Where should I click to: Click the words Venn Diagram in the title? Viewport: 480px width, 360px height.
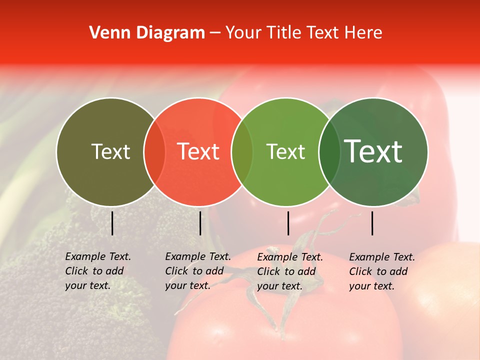147,33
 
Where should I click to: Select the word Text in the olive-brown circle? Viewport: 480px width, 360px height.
110,151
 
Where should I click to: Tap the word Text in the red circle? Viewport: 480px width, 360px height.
198,151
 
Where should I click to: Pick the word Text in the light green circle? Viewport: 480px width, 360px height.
285,151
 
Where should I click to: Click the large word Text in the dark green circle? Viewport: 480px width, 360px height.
373,151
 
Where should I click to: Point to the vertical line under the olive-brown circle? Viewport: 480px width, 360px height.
112,223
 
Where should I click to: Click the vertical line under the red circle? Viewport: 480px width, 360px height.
200,223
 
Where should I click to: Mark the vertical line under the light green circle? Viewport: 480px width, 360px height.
288,223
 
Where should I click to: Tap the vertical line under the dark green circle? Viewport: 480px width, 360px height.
372,223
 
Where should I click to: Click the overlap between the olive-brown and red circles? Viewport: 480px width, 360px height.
154,151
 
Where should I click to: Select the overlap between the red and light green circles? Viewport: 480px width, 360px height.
242,151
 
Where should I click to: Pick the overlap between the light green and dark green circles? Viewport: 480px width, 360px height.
329,151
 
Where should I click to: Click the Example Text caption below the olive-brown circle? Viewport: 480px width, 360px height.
97,271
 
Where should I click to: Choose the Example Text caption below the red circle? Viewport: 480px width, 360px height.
197,271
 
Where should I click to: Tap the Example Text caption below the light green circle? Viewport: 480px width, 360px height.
289,271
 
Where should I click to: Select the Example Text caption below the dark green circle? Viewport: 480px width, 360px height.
381,271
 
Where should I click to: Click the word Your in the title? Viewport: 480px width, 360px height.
244,33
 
